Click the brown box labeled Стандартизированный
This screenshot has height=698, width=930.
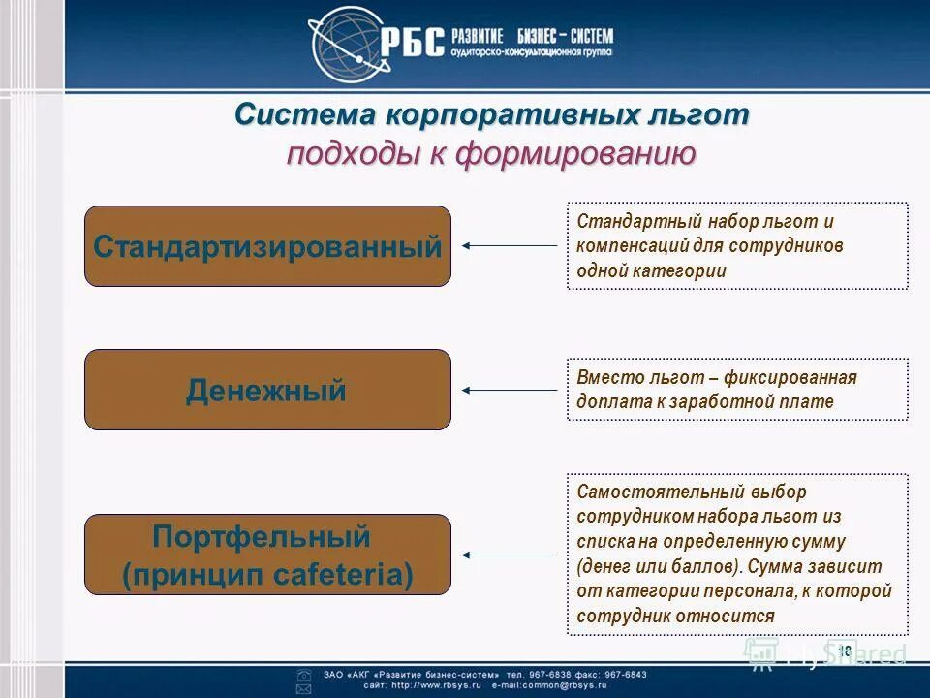point(267,246)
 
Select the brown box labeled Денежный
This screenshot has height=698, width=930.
point(267,391)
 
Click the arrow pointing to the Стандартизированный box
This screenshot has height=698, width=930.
point(510,246)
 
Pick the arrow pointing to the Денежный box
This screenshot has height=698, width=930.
point(510,390)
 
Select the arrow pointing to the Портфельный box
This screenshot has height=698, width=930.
point(510,555)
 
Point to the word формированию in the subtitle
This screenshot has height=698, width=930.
point(574,154)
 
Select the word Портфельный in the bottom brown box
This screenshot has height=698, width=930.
point(262,536)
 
